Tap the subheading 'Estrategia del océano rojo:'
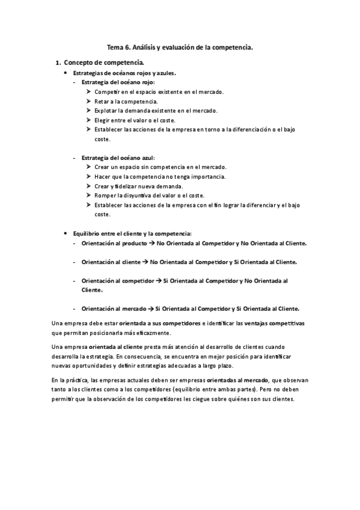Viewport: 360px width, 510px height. pyautogui.click(x=118, y=82)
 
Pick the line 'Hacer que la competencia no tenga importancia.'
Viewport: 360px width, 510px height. pyautogui.click(x=160, y=176)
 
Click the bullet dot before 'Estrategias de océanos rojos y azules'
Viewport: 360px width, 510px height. pyautogui.click(x=65, y=72)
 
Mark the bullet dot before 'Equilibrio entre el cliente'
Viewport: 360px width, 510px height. pyautogui.click(x=65, y=233)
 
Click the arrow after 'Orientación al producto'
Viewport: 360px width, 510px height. pyautogui.click(x=151, y=243)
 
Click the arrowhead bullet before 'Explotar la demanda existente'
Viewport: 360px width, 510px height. pyautogui.click(x=88, y=111)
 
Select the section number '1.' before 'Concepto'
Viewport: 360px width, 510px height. pyautogui.click(x=58, y=63)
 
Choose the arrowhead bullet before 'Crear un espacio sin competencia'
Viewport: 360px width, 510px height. pyautogui.click(x=88, y=167)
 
